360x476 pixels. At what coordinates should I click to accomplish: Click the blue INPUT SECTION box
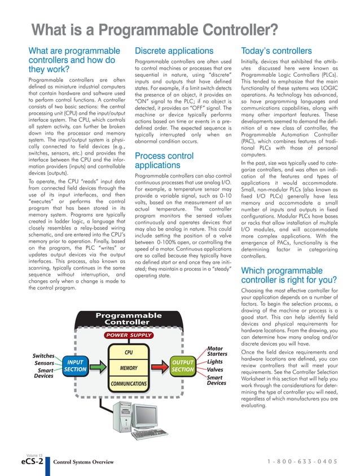pyautogui.click(x=74, y=366)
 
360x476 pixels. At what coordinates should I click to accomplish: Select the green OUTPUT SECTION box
pyautogui.click(x=183, y=366)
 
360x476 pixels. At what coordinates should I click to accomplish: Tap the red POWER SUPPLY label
pyautogui.click(x=128, y=336)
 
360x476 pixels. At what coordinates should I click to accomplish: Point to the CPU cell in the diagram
pyautogui.click(x=128, y=353)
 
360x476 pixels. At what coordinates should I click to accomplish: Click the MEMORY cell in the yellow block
pyautogui.click(x=128, y=368)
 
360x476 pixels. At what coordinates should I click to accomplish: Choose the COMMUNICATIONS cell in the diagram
pyautogui.click(x=128, y=384)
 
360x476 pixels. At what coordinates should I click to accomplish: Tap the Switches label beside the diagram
pyautogui.click(x=43, y=356)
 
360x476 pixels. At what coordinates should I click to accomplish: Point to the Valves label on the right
pyautogui.click(x=215, y=370)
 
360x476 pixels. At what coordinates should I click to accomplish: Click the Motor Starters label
pyautogui.click(x=217, y=351)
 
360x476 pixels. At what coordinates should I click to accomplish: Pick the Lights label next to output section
pyautogui.click(x=215, y=362)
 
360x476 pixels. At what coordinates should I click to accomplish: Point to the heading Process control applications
pyautogui.click(x=165, y=160)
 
